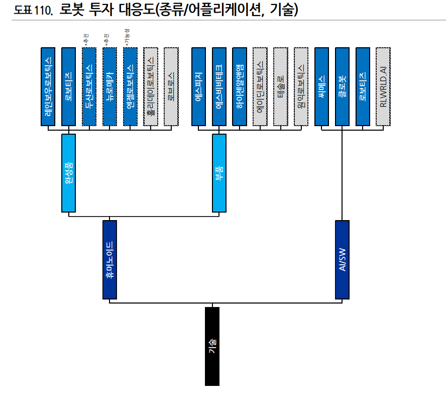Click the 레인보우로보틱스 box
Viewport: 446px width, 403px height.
pos(48,86)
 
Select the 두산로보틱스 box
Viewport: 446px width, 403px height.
pos(89,86)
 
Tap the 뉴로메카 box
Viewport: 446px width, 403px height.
pos(109,86)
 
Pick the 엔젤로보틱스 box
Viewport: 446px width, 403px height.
pos(130,86)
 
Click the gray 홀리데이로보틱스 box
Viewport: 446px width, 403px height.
pos(151,86)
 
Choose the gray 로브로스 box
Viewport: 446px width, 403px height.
pos(171,86)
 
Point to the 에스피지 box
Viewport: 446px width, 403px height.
pos(199,86)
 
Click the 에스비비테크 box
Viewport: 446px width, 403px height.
pos(219,86)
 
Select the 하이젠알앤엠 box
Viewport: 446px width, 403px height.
pos(240,86)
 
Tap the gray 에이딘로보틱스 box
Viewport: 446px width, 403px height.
pos(260,86)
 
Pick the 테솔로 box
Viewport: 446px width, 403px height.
pos(281,86)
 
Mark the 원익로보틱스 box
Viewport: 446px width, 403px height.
pos(301,86)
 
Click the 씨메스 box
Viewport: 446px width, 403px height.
pos(321,86)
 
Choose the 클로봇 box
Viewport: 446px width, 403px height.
pos(342,86)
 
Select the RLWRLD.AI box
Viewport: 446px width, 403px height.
pos(383,86)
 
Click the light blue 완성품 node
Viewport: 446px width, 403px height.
pos(69,173)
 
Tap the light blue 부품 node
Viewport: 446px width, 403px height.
pos(219,173)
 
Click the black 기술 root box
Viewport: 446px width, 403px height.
pos(212,346)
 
